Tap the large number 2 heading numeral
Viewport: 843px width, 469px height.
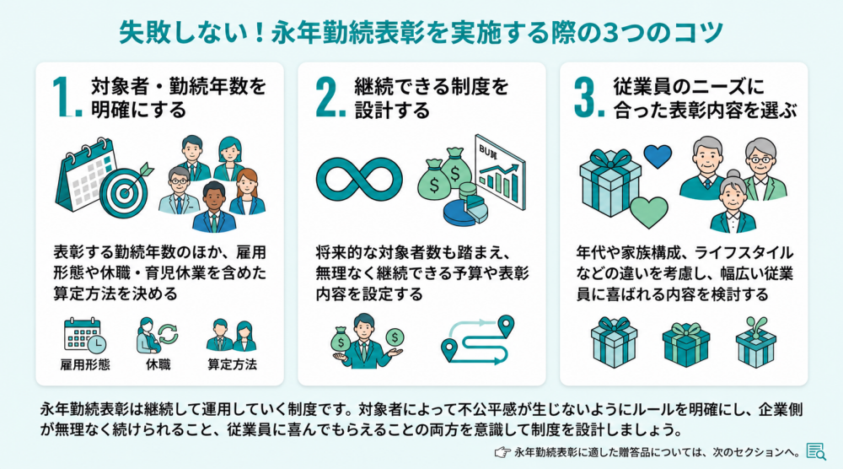pyautogui.click(x=330, y=97)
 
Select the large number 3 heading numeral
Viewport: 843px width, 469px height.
pyautogui.click(x=589, y=97)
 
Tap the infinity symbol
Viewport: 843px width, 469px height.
pyautogui.click(x=359, y=180)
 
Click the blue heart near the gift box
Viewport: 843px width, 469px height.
pyautogui.click(x=658, y=157)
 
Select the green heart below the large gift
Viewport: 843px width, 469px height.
pyautogui.click(x=649, y=213)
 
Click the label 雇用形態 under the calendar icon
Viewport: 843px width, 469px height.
pyautogui.click(x=85, y=364)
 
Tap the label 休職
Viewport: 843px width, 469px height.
pyautogui.click(x=158, y=364)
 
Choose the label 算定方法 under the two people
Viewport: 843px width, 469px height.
pyautogui.click(x=233, y=364)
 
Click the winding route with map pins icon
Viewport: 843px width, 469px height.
pyautogui.click(x=477, y=339)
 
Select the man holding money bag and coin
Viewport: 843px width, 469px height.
pyautogui.click(x=367, y=342)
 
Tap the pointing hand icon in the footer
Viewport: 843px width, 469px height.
pyautogui.click(x=502, y=452)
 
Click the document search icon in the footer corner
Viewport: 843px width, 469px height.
pyautogui.click(x=816, y=452)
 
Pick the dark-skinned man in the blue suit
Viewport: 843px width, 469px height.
pyautogui.click(x=214, y=207)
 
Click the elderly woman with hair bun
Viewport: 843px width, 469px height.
pyautogui.click(x=733, y=202)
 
